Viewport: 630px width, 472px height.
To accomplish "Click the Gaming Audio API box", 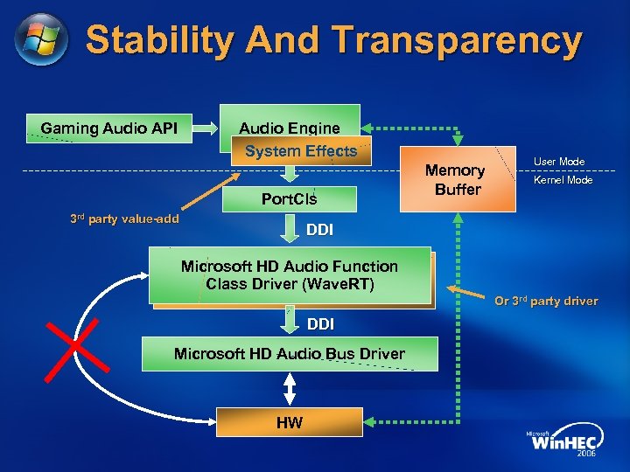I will [109, 128].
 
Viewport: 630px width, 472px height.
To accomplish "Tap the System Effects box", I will [302, 151].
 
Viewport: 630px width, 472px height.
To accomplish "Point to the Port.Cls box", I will [290, 199].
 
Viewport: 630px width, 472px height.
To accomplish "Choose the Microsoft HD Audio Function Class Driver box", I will [290, 275].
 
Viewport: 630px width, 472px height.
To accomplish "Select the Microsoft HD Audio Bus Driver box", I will [290, 354].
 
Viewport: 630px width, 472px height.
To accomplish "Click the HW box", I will [290, 423].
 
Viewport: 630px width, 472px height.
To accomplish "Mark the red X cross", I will [77, 348].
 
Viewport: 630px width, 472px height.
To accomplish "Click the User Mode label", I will [559, 162].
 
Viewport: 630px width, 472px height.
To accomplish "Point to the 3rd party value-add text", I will [125, 219].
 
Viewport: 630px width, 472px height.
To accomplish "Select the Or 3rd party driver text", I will [546, 302].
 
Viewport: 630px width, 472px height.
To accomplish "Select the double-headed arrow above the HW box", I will [290, 389].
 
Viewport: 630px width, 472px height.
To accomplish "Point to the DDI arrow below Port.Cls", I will [290, 230].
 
